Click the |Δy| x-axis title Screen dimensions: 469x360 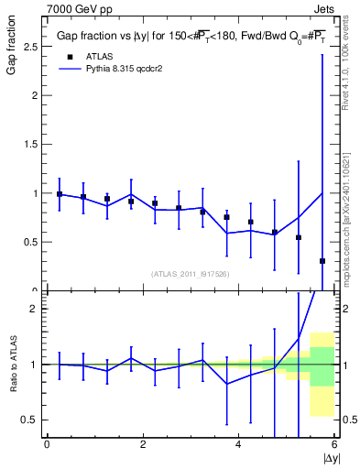330,457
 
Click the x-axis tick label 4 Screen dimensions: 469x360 238,444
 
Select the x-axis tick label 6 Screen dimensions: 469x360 334,444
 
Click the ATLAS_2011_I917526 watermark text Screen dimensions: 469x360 190,274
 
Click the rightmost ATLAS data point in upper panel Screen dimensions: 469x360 322,261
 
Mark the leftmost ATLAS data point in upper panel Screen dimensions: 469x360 60,194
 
